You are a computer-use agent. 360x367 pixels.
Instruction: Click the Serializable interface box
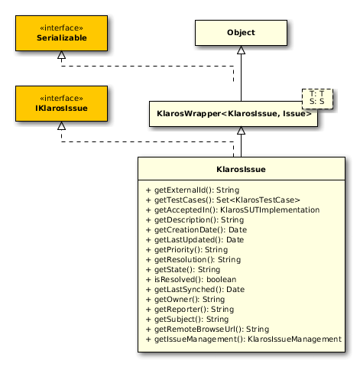[61, 33]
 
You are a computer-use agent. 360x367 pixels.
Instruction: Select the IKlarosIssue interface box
[61, 103]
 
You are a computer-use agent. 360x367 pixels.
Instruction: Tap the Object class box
[241, 33]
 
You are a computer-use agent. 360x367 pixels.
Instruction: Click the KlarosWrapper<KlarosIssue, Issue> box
[233, 114]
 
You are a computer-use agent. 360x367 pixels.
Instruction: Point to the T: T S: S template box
[317, 99]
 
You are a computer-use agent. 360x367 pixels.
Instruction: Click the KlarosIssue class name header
[242, 169]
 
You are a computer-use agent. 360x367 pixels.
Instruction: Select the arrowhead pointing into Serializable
[61, 55]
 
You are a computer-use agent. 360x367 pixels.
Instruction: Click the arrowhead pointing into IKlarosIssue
[61, 125]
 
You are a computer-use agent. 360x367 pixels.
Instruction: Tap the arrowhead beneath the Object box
[241, 50]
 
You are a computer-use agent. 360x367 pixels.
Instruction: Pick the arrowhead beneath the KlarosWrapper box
[241, 131]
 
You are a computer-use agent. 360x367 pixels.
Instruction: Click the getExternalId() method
[193, 190]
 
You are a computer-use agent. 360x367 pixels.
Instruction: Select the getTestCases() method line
[223, 200]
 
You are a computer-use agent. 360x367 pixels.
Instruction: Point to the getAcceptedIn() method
[232, 210]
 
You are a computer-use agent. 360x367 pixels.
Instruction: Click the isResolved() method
[191, 280]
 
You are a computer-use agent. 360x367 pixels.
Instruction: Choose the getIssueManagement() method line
[244, 339]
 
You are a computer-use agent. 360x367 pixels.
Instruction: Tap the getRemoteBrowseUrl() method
[207, 330]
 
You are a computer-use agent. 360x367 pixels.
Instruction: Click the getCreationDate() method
[196, 230]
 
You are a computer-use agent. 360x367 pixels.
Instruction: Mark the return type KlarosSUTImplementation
[270, 210]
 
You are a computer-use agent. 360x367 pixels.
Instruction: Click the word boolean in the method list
[222, 280]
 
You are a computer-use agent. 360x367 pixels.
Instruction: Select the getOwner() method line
[185, 300]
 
